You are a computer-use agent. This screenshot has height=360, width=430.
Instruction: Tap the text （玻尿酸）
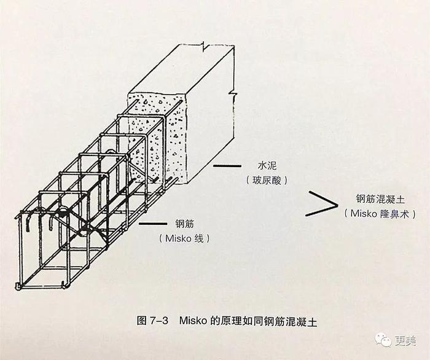click(267, 181)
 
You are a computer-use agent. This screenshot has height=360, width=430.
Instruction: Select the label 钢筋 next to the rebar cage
click(184, 224)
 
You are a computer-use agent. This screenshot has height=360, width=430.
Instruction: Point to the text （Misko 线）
click(184, 238)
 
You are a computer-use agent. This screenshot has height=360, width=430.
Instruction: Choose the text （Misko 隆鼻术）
click(380, 214)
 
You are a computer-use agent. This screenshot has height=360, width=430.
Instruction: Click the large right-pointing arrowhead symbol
click(321, 204)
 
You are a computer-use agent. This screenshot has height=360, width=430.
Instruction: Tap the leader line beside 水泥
click(227, 166)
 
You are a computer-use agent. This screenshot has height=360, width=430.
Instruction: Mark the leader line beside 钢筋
click(153, 224)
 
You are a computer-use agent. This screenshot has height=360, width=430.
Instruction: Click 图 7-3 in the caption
click(152, 321)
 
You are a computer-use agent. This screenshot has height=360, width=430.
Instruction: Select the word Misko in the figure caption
click(193, 321)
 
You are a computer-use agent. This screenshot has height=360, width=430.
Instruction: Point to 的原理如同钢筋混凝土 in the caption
click(264, 321)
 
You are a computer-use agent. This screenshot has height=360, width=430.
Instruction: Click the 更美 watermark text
click(405, 341)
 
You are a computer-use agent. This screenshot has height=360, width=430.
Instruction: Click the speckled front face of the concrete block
click(158, 137)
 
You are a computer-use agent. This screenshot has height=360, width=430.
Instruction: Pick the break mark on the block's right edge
click(233, 94)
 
